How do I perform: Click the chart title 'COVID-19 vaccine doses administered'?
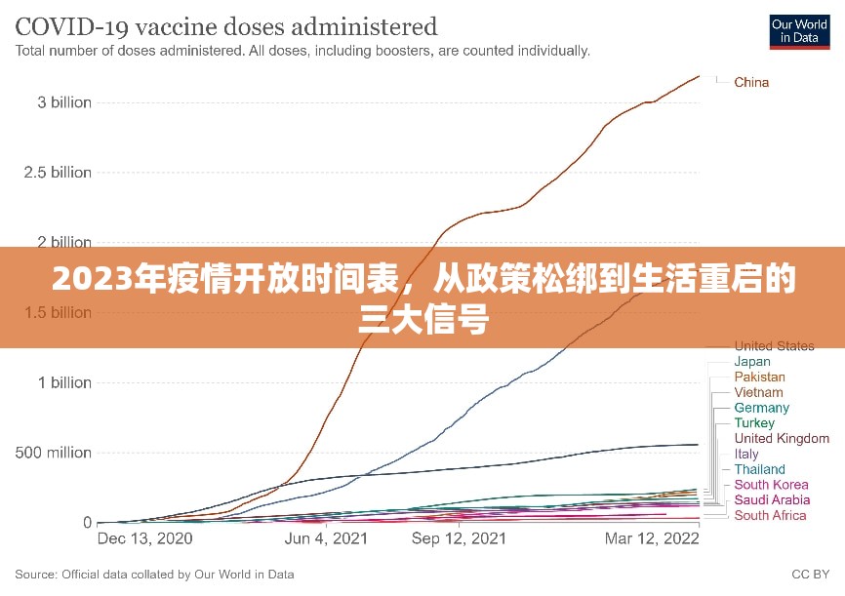pyautogui.click(x=226, y=25)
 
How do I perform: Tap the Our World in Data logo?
pyautogui.click(x=799, y=30)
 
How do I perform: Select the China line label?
pyautogui.click(x=751, y=82)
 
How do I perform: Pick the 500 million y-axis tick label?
pyautogui.click(x=53, y=453)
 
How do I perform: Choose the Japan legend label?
pyautogui.click(x=752, y=361)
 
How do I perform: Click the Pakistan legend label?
pyautogui.click(x=759, y=377)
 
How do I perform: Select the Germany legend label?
pyautogui.click(x=762, y=408)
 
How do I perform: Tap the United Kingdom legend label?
pyautogui.click(x=782, y=439)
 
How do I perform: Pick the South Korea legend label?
pyautogui.click(x=771, y=485)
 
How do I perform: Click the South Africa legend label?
pyautogui.click(x=771, y=515)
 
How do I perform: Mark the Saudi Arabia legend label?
pyautogui.click(x=772, y=500)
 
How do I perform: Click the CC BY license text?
pyautogui.click(x=811, y=575)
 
